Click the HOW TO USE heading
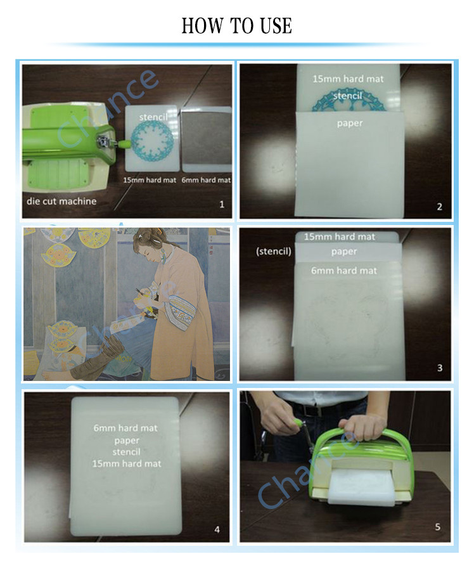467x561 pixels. pyautogui.click(x=236, y=26)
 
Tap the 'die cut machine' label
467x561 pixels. pyautogui.click(x=61, y=201)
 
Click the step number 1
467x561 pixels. pyautogui.click(x=222, y=204)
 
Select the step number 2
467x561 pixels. pyautogui.click(x=440, y=207)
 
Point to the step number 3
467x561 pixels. pyautogui.click(x=440, y=368)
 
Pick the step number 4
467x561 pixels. pyautogui.click(x=217, y=529)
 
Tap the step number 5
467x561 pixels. pyautogui.click(x=438, y=527)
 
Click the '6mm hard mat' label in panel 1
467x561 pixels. pyautogui.click(x=206, y=180)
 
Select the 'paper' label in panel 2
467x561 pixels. pyautogui.click(x=350, y=124)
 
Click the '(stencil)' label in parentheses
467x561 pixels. pyautogui.click(x=274, y=252)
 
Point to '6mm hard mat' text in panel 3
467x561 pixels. pyautogui.click(x=343, y=271)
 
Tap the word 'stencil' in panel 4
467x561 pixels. pyautogui.click(x=126, y=452)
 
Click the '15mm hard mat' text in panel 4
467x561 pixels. pyautogui.click(x=127, y=463)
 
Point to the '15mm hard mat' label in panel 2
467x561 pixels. pyautogui.click(x=348, y=79)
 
